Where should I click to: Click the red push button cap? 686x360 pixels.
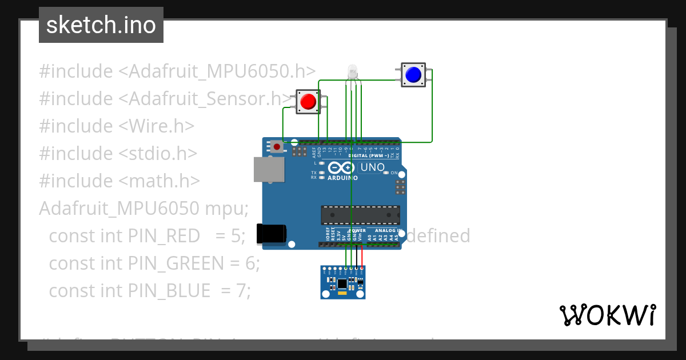308,102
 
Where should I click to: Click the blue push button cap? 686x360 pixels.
413,74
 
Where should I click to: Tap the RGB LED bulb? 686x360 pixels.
352,72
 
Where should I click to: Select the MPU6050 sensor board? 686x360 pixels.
342,282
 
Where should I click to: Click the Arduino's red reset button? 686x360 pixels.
277,147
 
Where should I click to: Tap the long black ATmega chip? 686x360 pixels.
360,214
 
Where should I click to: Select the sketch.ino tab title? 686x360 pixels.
101,25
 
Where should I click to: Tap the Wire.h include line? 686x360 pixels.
117,126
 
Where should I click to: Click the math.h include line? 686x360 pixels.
119,181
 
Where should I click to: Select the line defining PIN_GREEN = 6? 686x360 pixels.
154,263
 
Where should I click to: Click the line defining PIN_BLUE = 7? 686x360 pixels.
150,290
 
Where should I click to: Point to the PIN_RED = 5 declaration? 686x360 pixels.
147,235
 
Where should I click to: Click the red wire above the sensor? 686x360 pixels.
362,257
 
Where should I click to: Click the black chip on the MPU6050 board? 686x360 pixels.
342,283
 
